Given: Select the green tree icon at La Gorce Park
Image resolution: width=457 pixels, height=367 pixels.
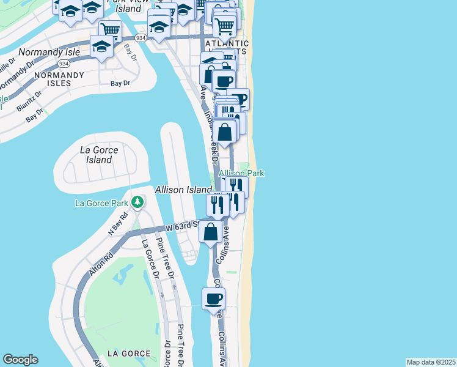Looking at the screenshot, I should click(138, 202).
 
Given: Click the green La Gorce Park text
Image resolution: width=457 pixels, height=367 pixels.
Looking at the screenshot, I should click(101, 203).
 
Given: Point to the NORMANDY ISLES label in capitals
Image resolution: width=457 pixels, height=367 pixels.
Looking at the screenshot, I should click(59, 79).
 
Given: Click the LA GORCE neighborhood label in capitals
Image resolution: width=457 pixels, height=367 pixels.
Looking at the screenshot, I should click(128, 354).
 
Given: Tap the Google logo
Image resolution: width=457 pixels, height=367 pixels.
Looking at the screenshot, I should click(20, 360).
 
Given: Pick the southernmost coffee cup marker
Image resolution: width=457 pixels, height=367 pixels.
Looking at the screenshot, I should click(213, 299).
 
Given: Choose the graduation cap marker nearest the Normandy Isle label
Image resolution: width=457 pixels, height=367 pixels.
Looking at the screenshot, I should click(101, 46).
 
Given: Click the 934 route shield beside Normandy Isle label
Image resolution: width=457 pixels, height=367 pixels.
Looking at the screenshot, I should click(63, 63).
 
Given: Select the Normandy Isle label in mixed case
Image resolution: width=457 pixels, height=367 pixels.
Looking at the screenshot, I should click(49, 53).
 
